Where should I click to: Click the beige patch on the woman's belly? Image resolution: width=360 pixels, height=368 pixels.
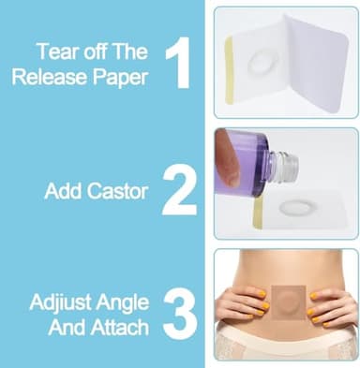pos(286,309)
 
